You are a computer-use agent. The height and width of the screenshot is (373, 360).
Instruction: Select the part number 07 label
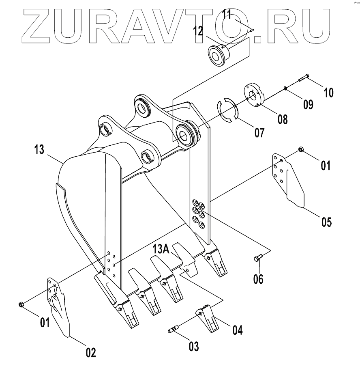[x=258, y=132]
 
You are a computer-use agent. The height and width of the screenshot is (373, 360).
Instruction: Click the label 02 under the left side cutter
[x=90, y=352]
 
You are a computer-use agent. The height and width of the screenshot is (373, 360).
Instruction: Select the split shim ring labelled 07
[x=228, y=109]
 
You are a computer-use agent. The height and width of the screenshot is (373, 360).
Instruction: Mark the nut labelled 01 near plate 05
[x=301, y=150]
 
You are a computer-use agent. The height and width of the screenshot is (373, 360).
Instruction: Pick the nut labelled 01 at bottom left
[x=21, y=304]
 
